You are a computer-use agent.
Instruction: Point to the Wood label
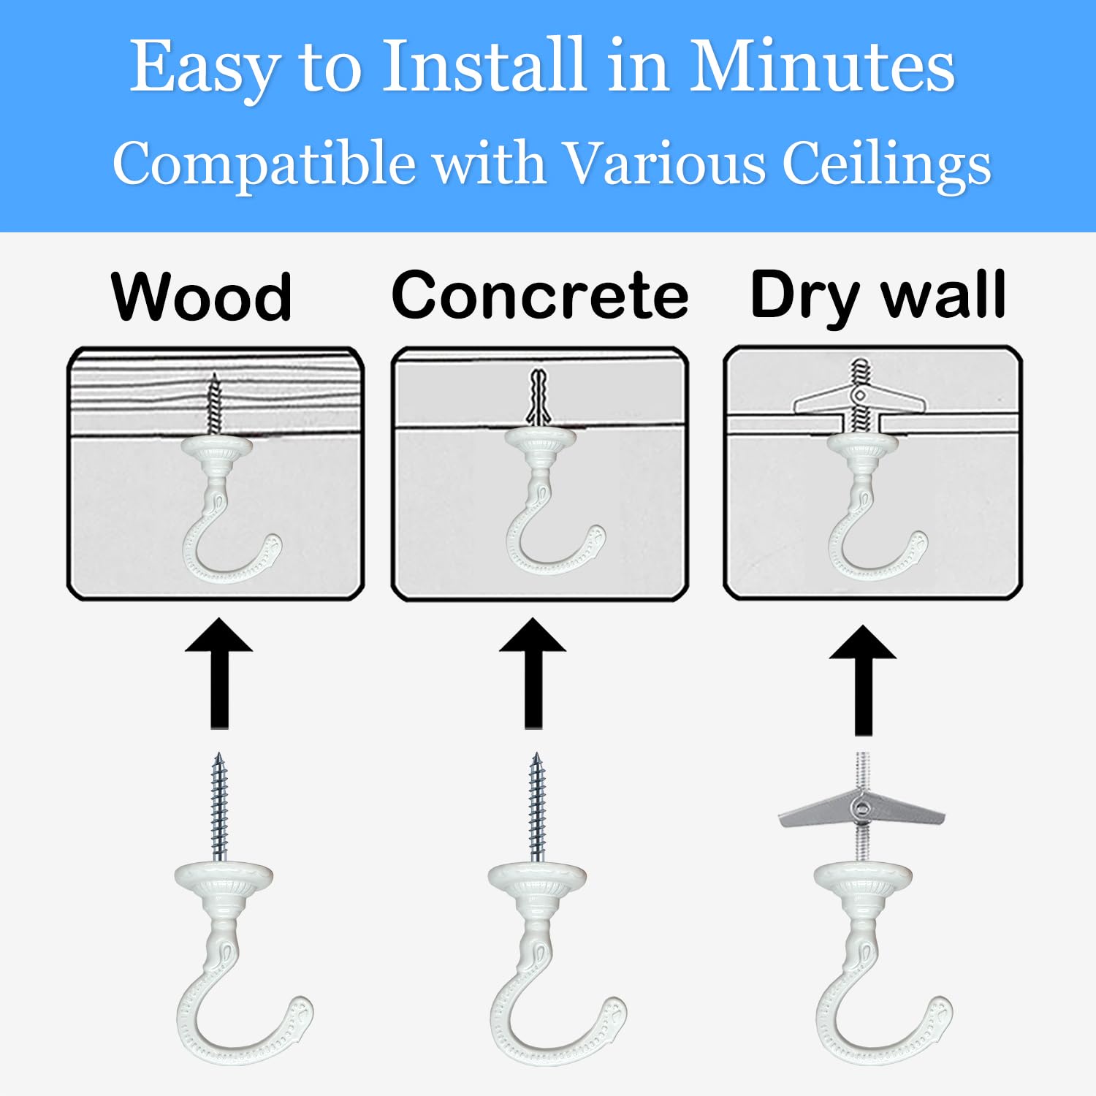(202, 297)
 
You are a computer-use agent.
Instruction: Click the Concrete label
(540, 294)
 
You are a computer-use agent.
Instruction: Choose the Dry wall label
(878, 296)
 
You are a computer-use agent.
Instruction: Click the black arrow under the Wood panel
(219, 673)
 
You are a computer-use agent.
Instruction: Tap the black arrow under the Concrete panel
(533, 673)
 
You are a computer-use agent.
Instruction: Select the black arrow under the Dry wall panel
(863, 680)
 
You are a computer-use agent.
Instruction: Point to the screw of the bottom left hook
(219, 807)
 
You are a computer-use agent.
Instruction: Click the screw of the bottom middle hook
(537, 807)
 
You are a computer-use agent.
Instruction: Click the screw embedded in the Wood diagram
(213, 404)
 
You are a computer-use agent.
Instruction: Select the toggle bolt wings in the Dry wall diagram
(860, 399)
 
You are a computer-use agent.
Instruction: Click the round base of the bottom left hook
(223, 880)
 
